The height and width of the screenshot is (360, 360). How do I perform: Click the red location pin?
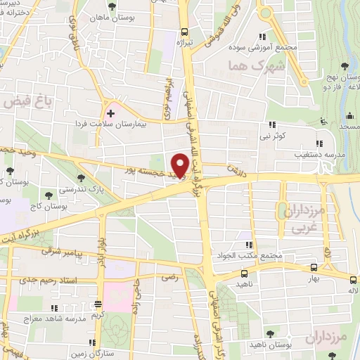(184, 161)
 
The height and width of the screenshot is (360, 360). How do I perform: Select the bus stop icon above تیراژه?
(184, 31)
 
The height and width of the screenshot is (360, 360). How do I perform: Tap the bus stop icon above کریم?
(97, 305)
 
